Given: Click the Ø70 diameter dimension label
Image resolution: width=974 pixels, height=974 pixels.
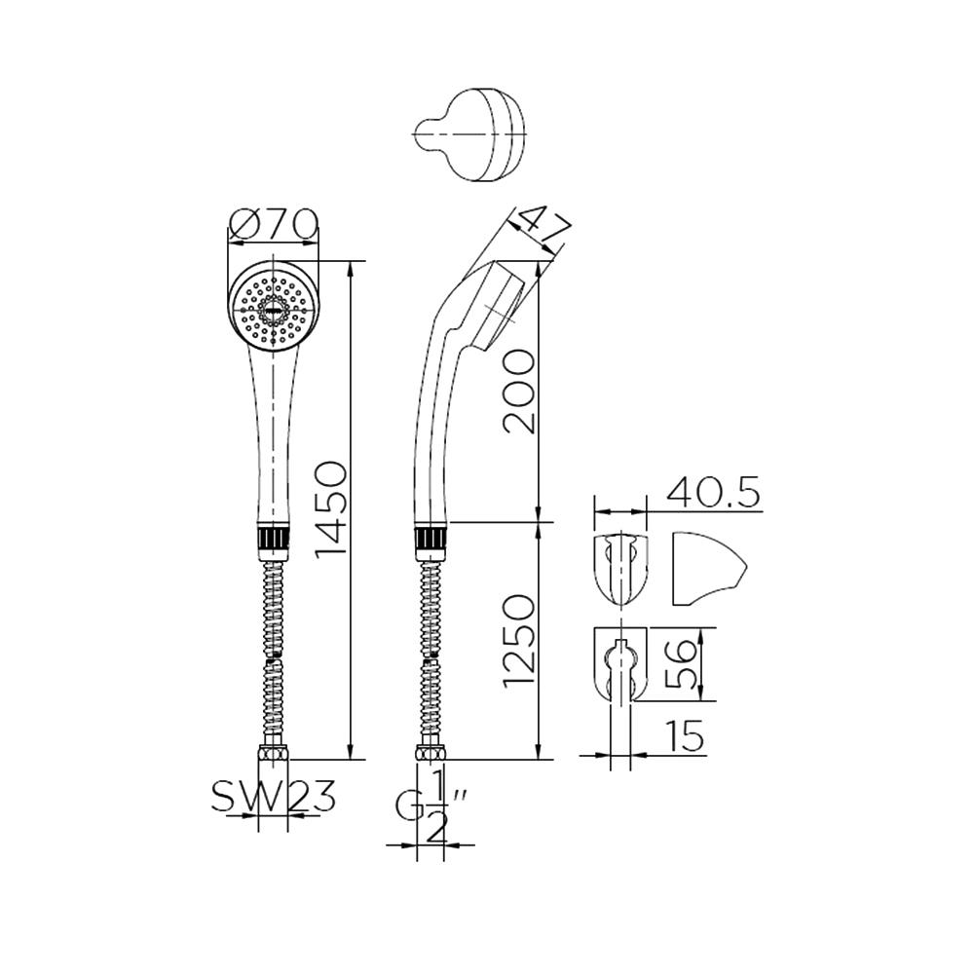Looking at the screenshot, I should (x=273, y=226).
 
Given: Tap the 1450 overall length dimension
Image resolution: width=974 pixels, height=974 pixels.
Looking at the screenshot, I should (x=331, y=508).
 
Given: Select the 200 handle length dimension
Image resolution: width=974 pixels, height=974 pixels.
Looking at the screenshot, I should (x=518, y=392).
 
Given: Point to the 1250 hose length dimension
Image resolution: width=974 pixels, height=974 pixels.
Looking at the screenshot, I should (x=518, y=639).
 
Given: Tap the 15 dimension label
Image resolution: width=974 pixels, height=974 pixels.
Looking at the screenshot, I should (x=686, y=737).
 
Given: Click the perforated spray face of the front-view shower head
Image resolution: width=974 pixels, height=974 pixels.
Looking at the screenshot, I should (x=273, y=309).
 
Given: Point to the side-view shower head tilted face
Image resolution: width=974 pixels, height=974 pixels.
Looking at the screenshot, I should (x=506, y=304).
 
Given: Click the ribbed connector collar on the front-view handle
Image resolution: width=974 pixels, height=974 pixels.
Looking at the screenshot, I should (x=273, y=539).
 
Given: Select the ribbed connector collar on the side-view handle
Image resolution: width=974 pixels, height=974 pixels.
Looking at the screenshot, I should (x=431, y=539).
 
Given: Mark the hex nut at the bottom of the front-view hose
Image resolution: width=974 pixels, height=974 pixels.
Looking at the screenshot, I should (x=273, y=753).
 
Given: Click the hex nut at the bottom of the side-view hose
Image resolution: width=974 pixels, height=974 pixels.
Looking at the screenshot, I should (x=430, y=753).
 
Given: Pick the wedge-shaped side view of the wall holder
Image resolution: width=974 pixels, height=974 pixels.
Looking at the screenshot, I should (x=705, y=568).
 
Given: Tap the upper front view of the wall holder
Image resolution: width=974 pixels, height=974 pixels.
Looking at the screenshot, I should (x=619, y=568).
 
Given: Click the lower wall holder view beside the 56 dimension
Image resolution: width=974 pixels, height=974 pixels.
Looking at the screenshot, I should (x=619, y=665).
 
